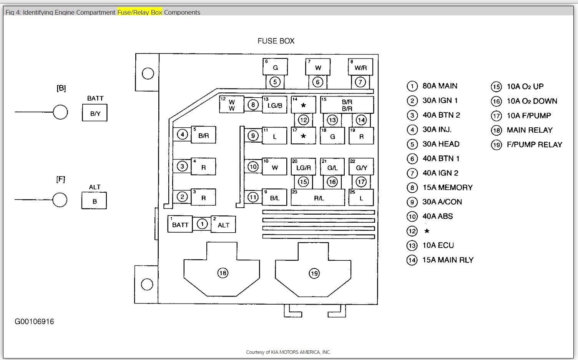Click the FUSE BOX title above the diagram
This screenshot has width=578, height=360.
[x=276, y=41]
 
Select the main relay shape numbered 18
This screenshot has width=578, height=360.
[x=223, y=273]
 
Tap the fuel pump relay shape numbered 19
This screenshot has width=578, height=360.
[x=314, y=273]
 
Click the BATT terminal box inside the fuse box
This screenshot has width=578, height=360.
[x=180, y=224]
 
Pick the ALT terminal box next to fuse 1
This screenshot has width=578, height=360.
[x=223, y=224]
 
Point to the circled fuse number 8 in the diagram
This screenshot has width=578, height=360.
[x=253, y=105]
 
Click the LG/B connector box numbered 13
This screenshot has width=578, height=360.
[x=275, y=105]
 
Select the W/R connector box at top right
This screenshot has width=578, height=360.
[x=360, y=67]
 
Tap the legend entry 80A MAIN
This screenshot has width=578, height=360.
[x=440, y=86]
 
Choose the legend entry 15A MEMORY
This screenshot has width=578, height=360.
[x=447, y=188]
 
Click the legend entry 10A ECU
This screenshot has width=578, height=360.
[x=438, y=245]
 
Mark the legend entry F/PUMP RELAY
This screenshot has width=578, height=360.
[x=534, y=145]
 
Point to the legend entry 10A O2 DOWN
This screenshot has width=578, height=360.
[x=531, y=101]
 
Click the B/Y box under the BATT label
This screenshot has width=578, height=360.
[x=95, y=113]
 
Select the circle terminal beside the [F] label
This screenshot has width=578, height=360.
[x=60, y=200]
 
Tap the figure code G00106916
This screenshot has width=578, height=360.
[x=34, y=322]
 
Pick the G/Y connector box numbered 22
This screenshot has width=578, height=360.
[x=361, y=167]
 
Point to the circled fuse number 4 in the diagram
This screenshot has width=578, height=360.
[x=182, y=135]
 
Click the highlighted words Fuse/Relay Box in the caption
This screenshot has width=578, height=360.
[x=140, y=12]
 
